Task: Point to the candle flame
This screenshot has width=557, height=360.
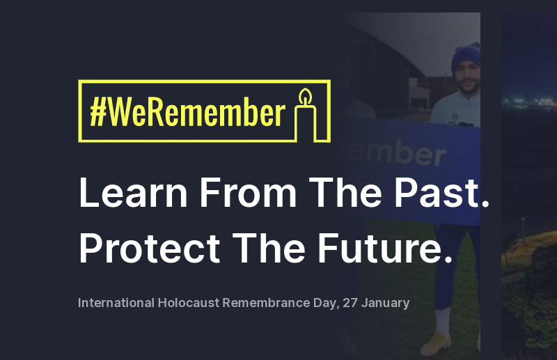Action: click(304, 95)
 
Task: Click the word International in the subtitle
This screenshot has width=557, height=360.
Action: click(116, 303)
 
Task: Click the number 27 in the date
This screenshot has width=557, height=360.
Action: click(350, 303)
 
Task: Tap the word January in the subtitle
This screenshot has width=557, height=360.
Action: click(386, 303)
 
